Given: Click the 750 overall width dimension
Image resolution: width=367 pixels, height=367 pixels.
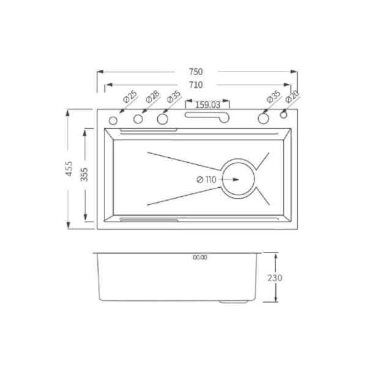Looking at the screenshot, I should pyautogui.click(x=196, y=72).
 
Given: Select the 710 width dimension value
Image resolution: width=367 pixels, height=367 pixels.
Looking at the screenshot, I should pyautogui.click(x=196, y=84).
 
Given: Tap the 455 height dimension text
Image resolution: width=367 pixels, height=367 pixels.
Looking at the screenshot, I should pyautogui.click(x=69, y=169).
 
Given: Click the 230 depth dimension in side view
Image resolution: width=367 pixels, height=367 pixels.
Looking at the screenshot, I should pyautogui.click(x=275, y=278).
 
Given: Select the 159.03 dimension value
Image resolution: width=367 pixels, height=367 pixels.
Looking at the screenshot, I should pyautogui.click(x=207, y=104).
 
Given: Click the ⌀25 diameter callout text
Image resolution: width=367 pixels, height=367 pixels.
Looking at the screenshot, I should pyautogui.click(x=130, y=97).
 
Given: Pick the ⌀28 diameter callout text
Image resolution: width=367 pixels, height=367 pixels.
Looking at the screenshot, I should pyautogui.click(x=153, y=97).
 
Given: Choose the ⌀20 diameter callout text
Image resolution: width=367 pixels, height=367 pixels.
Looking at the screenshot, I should pyautogui.click(x=292, y=97).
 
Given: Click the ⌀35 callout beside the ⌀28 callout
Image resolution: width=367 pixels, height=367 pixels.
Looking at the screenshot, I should pyautogui.click(x=174, y=97).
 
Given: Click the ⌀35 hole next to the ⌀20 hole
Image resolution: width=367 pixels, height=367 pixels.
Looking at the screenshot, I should pyautogui.click(x=264, y=118).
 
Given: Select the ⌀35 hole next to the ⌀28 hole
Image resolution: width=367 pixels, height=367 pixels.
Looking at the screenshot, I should pyautogui.click(x=163, y=118).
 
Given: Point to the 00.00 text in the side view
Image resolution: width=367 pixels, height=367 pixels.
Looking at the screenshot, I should pyautogui.click(x=200, y=258).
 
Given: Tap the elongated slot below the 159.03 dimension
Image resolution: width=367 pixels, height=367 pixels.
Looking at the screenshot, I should pyautogui.click(x=208, y=116).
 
